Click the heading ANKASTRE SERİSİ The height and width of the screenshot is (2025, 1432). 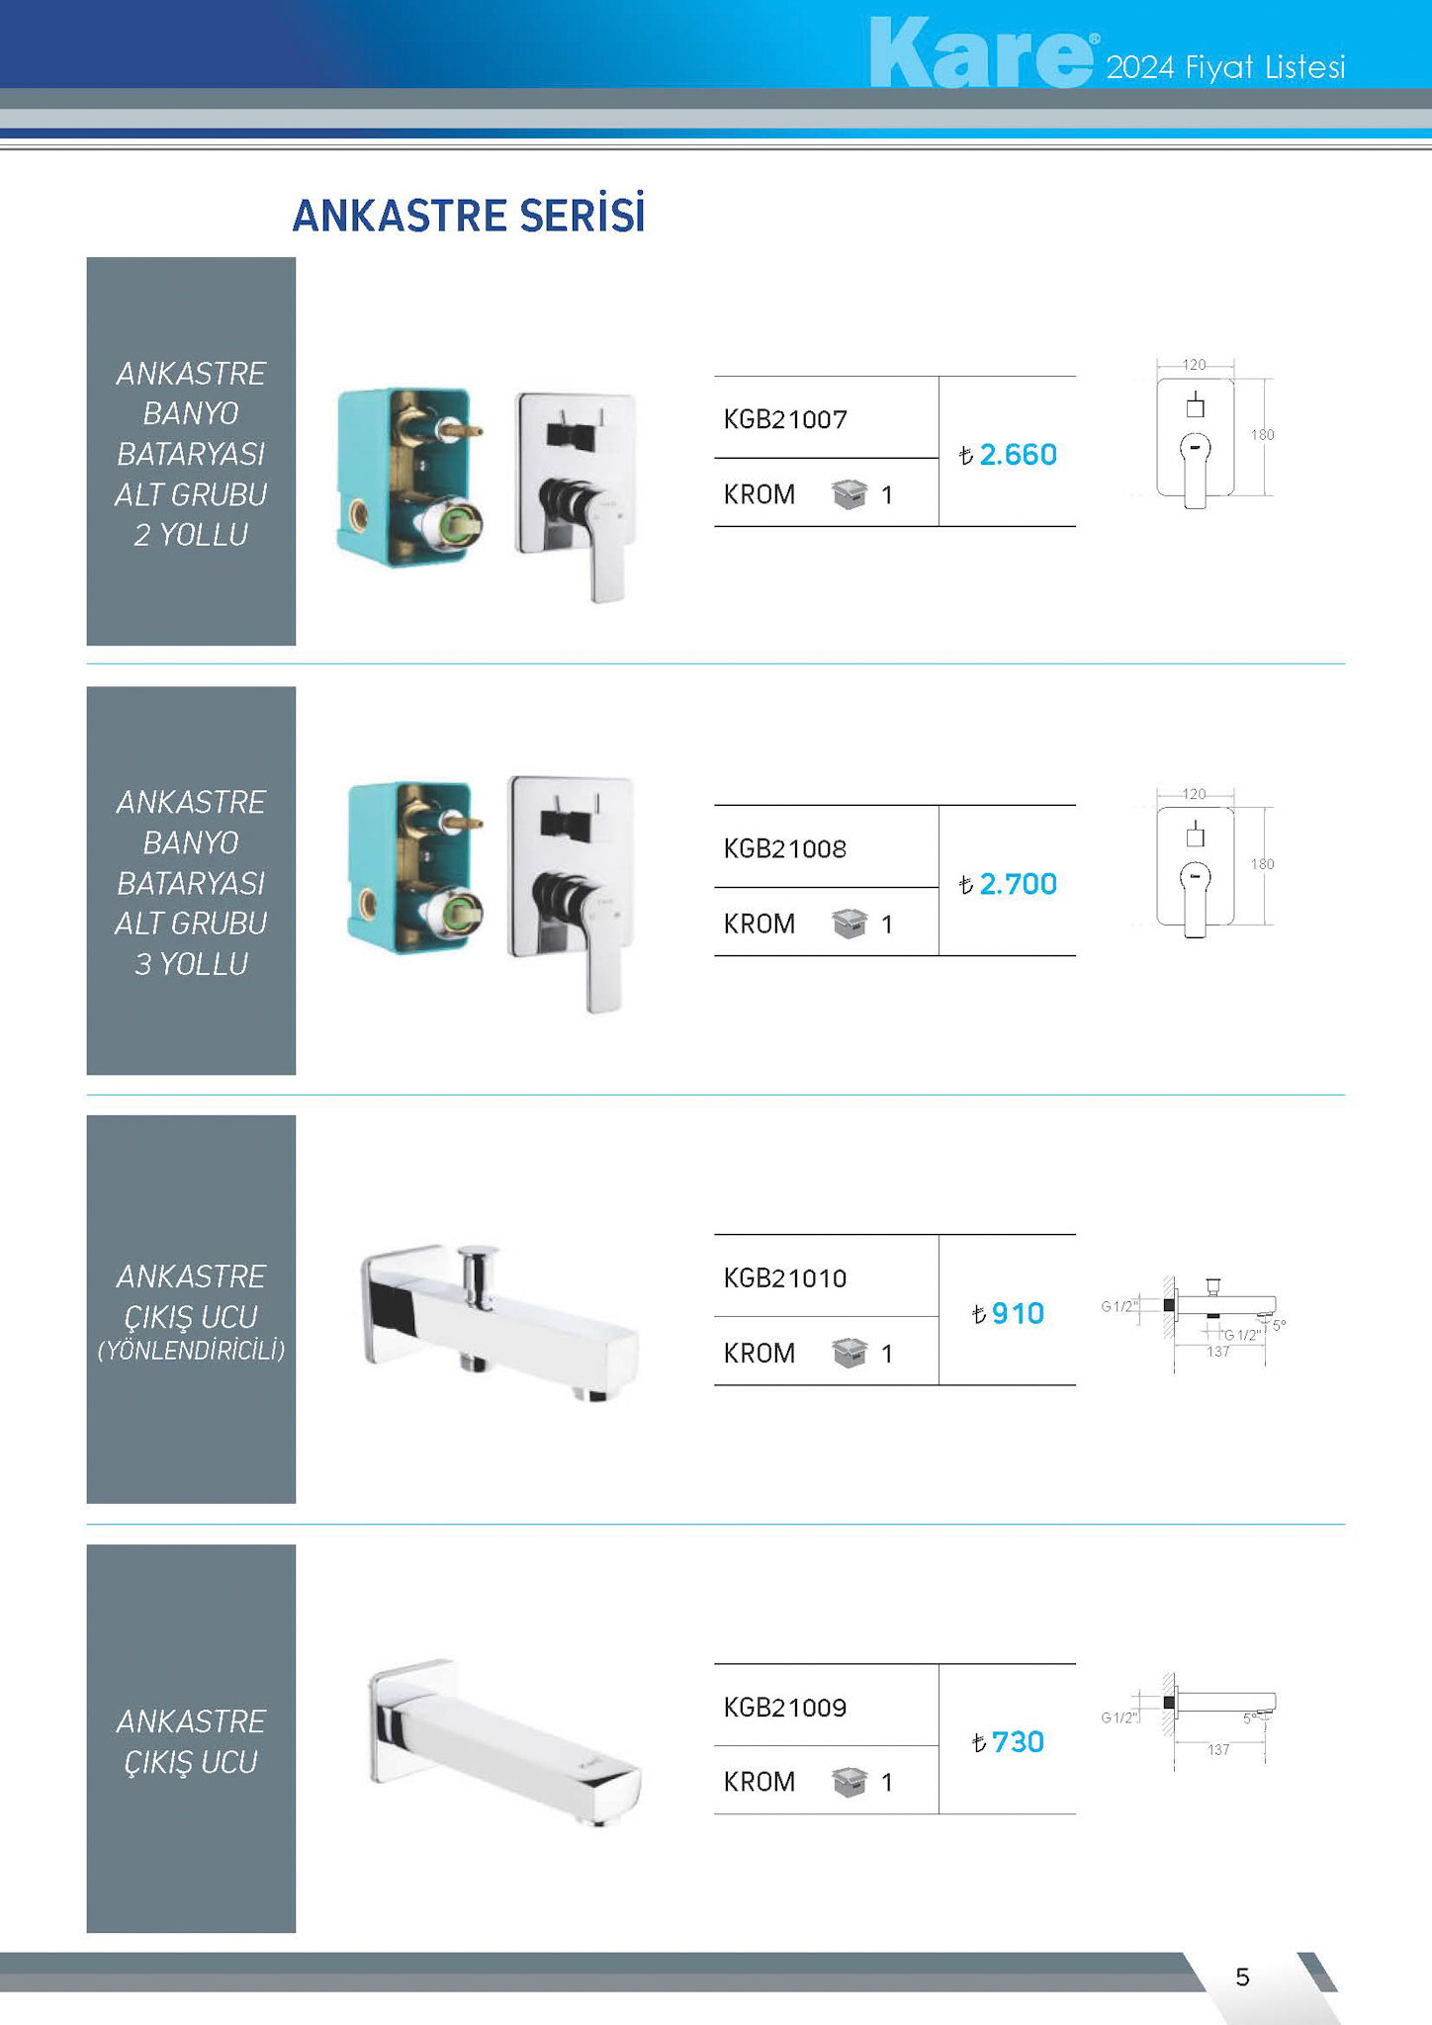(x=469, y=216)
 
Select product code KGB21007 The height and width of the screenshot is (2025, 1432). (x=785, y=419)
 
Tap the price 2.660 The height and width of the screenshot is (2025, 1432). (x=1018, y=455)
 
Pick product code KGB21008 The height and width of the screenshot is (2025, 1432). (x=785, y=848)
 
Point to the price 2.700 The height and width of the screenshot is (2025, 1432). (x=1018, y=884)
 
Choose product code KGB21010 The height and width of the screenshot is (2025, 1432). (x=785, y=1277)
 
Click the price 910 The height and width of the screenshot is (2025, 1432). (x=1018, y=1313)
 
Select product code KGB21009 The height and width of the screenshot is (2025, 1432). (x=785, y=1707)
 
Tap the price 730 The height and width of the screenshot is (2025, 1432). (x=1018, y=1742)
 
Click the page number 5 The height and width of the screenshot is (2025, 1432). (x=1243, y=1977)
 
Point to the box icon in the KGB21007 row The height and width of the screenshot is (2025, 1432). (x=850, y=493)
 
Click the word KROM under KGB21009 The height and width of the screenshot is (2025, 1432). (x=760, y=1782)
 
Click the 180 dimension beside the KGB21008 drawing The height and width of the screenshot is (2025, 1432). (x=1263, y=864)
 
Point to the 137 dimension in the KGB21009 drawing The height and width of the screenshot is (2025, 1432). (x=1218, y=1749)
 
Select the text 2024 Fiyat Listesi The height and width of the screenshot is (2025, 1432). (x=1225, y=67)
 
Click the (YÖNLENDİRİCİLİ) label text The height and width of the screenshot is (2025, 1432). (x=191, y=1351)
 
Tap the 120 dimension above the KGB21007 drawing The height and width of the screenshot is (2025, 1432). (x=1195, y=365)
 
